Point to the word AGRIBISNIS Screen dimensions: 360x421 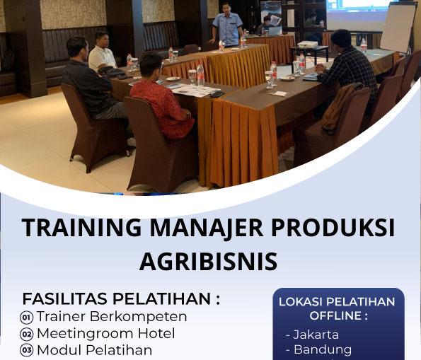click(208, 260)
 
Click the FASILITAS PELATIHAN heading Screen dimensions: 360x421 click(121, 298)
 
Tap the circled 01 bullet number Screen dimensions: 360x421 click(27, 318)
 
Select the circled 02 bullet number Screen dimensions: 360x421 click(27, 335)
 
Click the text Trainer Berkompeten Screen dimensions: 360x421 click(112, 316)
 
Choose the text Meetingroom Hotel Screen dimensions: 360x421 click(106, 333)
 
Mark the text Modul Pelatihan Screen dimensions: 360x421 click(95, 350)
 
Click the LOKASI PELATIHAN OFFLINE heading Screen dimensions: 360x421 click(337, 308)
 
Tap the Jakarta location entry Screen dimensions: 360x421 click(316, 335)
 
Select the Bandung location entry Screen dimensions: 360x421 click(322, 349)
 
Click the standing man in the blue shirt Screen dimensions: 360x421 click(228, 25)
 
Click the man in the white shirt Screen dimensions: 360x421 click(102, 52)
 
